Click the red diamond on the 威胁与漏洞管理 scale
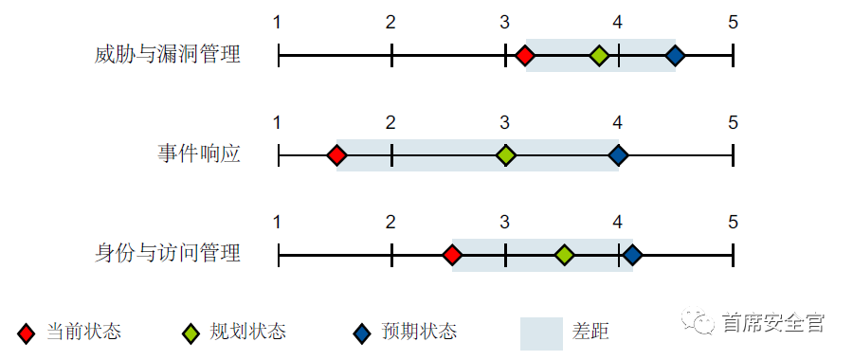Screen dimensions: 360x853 525,56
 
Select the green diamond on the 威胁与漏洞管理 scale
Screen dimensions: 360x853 598,56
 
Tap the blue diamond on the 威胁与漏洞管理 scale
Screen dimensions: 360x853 674,56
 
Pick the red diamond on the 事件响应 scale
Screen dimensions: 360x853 336,155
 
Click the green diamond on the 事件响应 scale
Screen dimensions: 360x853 506,155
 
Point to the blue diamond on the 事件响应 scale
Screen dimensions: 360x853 618,155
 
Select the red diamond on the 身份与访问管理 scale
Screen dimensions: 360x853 452,255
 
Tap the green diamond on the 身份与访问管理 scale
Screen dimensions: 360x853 564,255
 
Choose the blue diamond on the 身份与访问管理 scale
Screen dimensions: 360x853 632,255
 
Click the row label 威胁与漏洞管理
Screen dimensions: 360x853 168,55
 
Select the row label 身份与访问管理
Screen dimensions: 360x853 168,253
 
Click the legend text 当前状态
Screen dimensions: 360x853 84,332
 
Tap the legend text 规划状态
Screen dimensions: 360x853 248,332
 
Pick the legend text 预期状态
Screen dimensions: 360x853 419,332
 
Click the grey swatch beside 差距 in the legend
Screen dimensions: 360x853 541,332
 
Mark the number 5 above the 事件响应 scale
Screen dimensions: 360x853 733,122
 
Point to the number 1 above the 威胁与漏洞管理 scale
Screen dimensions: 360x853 277,22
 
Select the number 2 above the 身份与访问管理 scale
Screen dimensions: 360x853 390,223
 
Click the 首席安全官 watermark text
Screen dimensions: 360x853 772,323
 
